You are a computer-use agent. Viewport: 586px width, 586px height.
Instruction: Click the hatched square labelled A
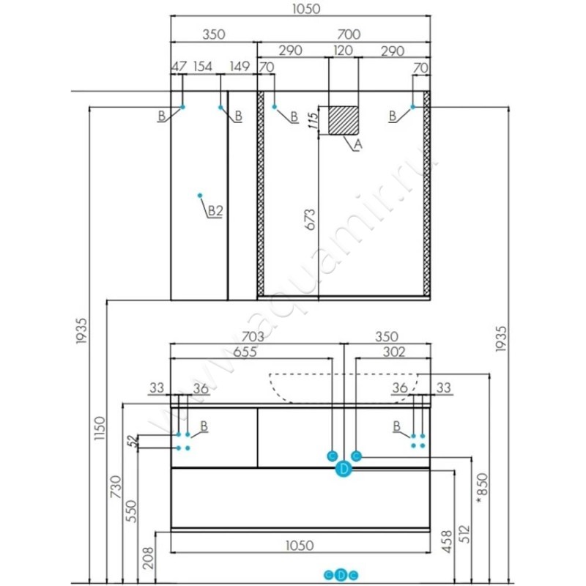pyautogui.click(x=344, y=120)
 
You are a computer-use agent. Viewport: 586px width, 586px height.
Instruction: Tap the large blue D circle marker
pyautogui.click(x=344, y=470)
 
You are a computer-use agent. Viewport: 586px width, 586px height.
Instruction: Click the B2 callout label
pyautogui.click(x=214, y=211)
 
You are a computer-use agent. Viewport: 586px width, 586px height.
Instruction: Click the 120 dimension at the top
pyautogui.click(x=343, y=51)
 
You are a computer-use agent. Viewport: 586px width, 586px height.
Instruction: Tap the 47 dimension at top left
pyautogui.click(x=178, y=67)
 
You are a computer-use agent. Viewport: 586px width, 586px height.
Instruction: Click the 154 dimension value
pyautogui.click(x=202, y=67)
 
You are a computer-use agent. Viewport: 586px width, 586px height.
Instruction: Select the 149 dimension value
pyautogui.click(x=240, y=67)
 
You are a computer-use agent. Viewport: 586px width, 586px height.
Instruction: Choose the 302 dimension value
pyautogui.click(x=394, y=352)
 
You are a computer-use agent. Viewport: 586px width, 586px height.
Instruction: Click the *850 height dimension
pyautogui.click(x=481, y=487)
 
